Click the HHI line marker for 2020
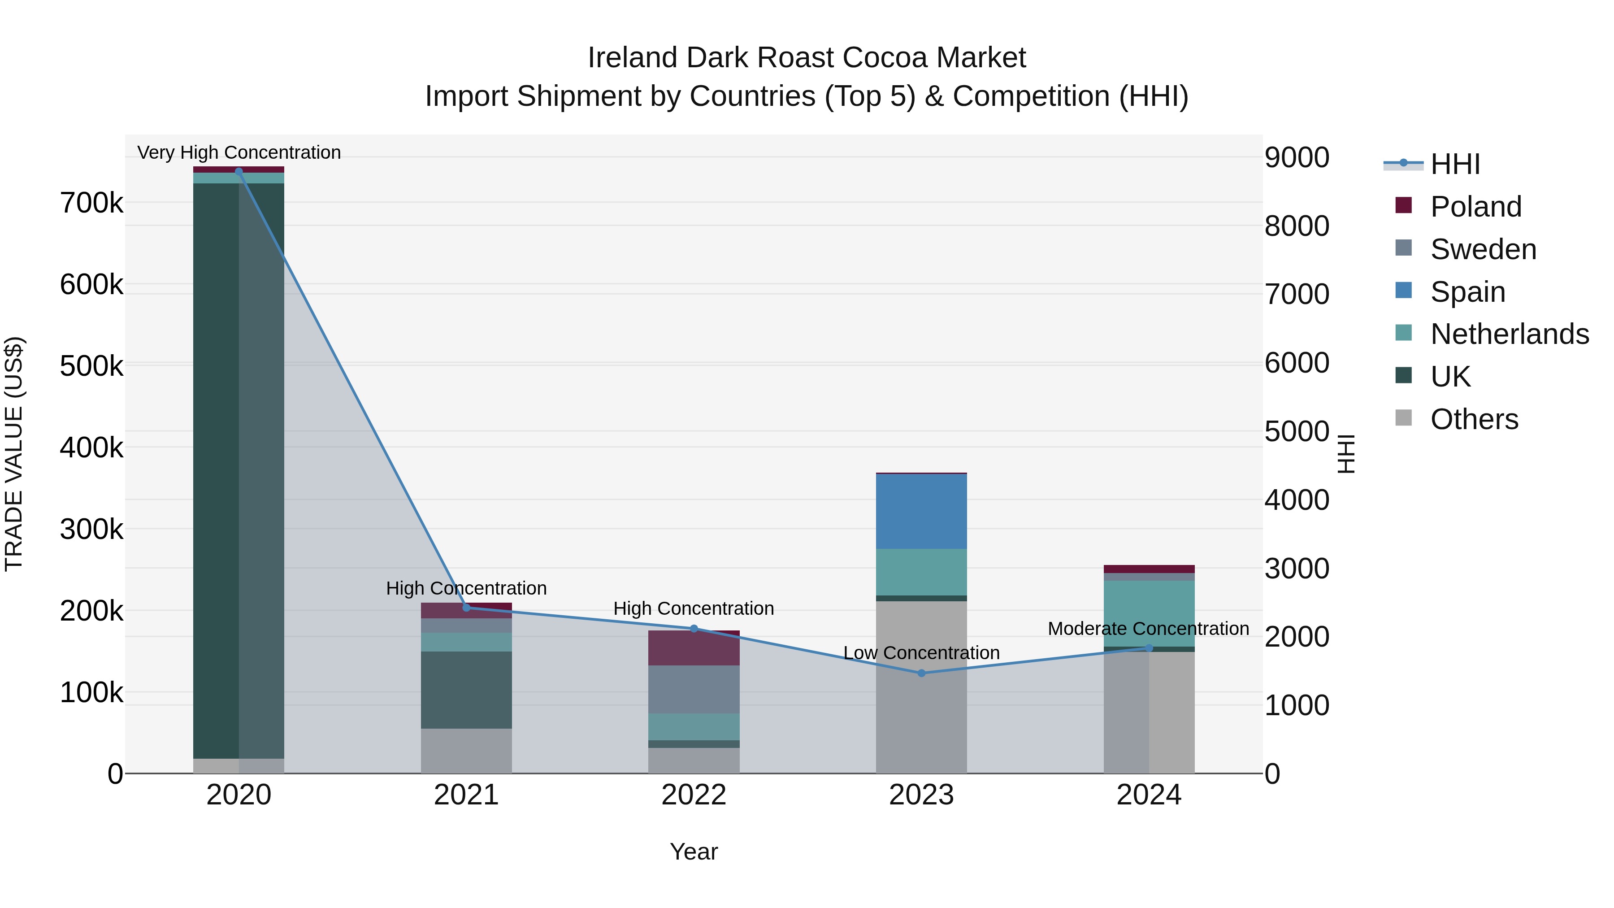tap(239, 171)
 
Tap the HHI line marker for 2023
tap(921, 673)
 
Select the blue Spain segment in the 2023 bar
tap(921, 511)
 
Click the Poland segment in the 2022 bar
tap(694, 648)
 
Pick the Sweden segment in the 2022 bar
tap(694, 689)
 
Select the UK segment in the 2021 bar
tap(466, 689)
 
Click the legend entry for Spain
tap(1467, 292)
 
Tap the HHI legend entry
tap(1455, 164)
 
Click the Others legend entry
tap(1474, 419)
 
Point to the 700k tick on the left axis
tap(91, 203)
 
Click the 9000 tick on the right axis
tap(1296, 157)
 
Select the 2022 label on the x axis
tap(694, 795)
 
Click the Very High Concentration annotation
tap(239, 152)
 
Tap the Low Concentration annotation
tap(921, 652)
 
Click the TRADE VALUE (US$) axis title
tap(14, 454)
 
